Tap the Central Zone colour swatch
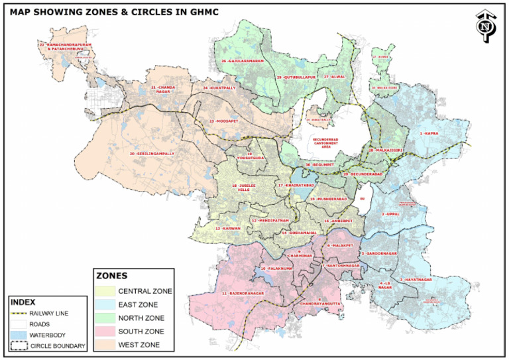104,291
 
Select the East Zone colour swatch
104,304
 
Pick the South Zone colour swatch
104,331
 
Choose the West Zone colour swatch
104,344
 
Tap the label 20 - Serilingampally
152,154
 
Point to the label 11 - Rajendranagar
243,293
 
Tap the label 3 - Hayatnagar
416,280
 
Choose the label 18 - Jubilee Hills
243,188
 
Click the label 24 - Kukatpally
219,88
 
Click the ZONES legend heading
112,275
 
